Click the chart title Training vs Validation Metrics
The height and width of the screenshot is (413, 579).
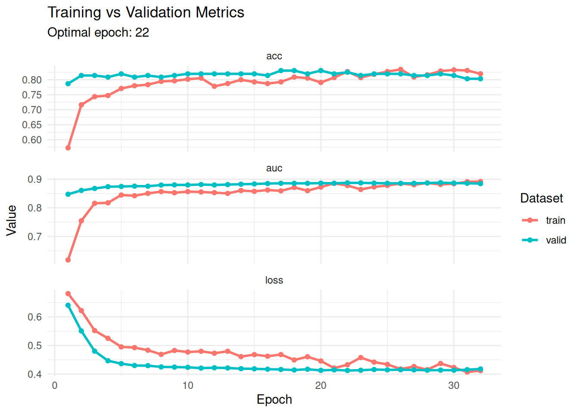click(x=146, y=12)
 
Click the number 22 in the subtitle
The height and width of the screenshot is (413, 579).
click(x=142, y=33)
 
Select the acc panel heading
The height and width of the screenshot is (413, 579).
click(x=274, y=56)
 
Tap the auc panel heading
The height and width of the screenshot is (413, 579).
click(x=274, y=168)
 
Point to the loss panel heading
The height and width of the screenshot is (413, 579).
click(x=274, y=280)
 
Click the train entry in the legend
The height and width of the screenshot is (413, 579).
click(x=555, y=220)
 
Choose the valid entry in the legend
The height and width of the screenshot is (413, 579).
click(x=556, y=240)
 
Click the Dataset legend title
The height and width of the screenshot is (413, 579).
click(x=542, y=198)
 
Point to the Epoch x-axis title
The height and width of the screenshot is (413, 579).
click(x=274, y=400)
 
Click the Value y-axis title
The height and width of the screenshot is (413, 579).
click(x=12, y=220)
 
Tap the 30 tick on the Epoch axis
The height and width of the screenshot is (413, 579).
click(x=454, y=385)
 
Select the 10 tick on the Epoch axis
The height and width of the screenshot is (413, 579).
click(x=188, y=385)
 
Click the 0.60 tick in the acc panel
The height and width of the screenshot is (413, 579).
click(x=32, y=140)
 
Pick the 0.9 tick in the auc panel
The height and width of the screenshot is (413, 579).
click(x=35, y=179)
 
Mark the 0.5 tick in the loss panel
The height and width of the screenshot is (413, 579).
click(x=35, y=346)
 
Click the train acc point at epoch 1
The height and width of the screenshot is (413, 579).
click(x=68, y=148)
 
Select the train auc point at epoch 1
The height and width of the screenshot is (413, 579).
click(x=68, y=260)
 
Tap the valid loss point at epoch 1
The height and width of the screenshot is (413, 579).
click(x=68, y=305)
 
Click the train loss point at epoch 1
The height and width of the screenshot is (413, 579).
click(x=68, y=294)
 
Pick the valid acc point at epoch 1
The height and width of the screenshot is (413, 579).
click(x=68, y=84)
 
